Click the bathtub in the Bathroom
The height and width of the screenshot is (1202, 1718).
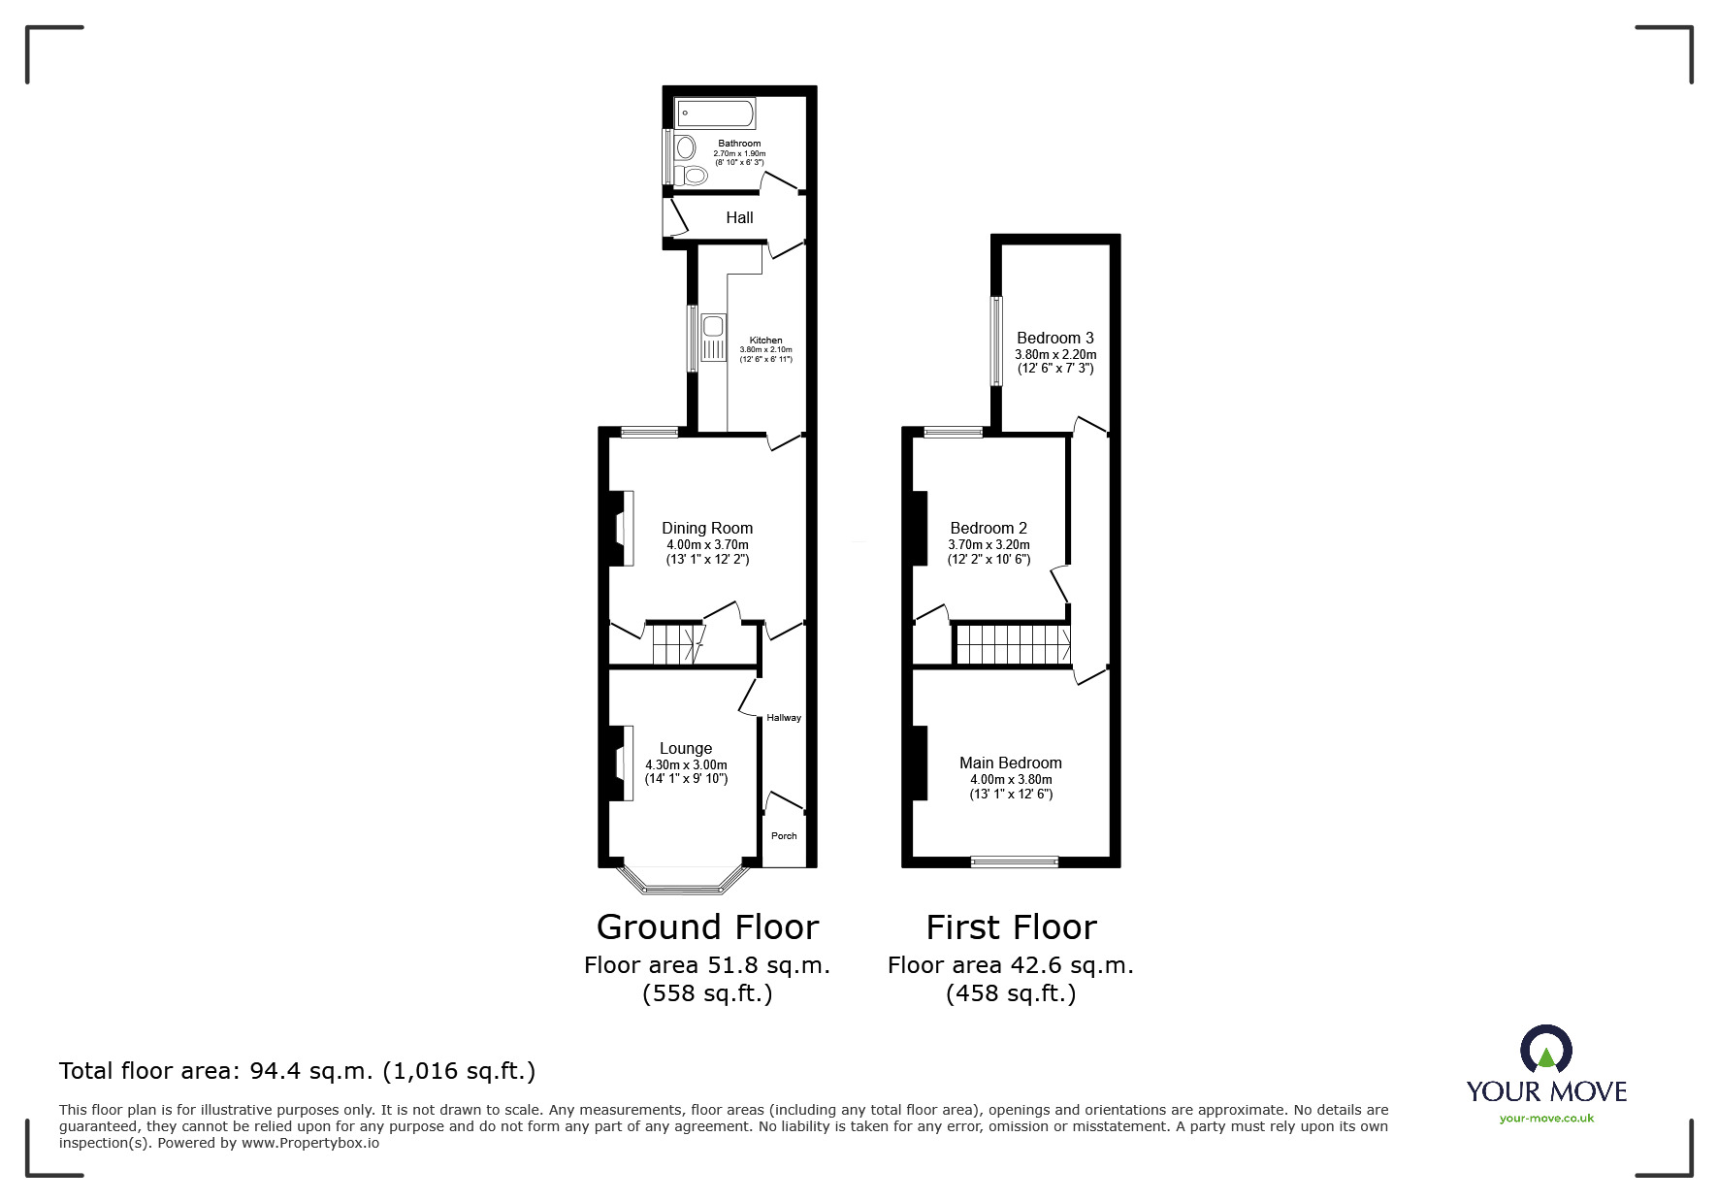click(x=716, y=114)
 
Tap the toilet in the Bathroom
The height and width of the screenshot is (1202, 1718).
click(x=693, y=176)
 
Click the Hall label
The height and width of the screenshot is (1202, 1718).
click(x=739, y=218)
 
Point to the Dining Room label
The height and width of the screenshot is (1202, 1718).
click(x=707, y=529)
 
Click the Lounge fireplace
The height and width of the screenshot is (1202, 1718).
click(x=621, y=763)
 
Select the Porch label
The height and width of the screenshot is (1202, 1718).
click(x=784, y=836)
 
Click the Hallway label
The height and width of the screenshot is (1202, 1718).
click(x=784, y=718)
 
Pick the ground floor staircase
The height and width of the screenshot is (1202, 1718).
click(x=676, y=644)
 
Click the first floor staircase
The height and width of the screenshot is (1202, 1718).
click(x=1013, y=644)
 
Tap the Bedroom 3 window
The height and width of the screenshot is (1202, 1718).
click(x=995, y=341)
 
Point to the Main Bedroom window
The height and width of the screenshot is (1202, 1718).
click(x=1015, y=861)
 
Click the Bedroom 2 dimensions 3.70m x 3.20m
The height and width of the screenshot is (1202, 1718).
click(x=989, y=545)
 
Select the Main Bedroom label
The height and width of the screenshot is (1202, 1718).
click(x=1011, y=763)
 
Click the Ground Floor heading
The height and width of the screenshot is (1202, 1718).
click(x=708, y=927)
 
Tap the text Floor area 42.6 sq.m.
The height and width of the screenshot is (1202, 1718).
click(x=1011, y=965)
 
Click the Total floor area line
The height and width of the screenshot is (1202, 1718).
click(x=298, y=1071)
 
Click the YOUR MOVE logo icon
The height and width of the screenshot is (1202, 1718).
click(x=1545, y=1050)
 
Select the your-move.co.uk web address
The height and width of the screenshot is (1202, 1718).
click(x=1546, y=1119)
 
